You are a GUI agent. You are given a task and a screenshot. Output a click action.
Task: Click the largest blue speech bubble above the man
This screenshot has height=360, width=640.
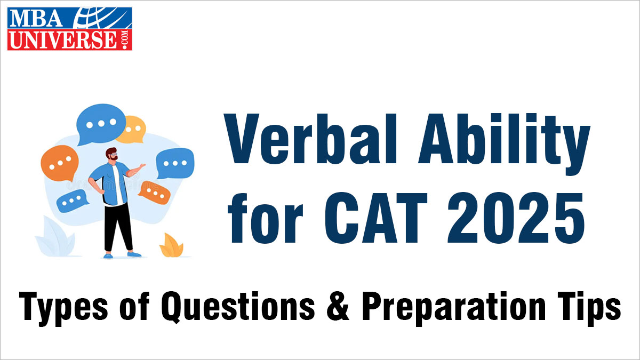[101, 124]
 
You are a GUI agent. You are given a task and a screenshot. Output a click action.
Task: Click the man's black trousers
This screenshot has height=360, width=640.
[117, 227]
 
